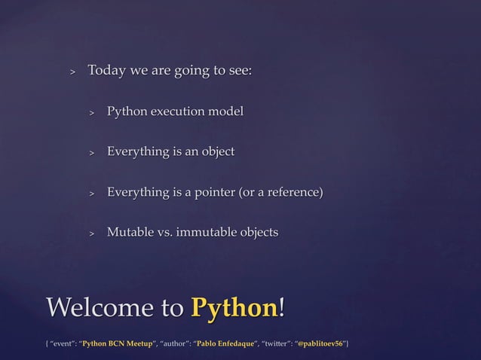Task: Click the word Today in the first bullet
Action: click(x=107, y=72)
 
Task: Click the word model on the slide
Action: click(x=228, y=112)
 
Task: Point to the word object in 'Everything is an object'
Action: click(x=216, y=152)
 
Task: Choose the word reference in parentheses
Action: click(x=293, y=192)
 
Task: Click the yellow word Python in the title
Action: click(x=234, y=308)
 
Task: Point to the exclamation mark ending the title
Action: click(x=283, y=308)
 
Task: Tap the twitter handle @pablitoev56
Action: click(x=321, y=344)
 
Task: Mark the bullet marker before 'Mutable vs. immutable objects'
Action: click(x=91, y=233)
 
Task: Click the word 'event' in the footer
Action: click(x=63, y=344)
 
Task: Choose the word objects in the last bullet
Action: click(x=256, y=232)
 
